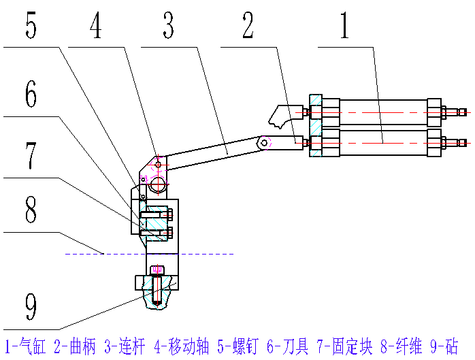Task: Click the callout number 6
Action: point(31,95)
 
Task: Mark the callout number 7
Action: point(31,155)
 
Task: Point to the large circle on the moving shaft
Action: point(159,184)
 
